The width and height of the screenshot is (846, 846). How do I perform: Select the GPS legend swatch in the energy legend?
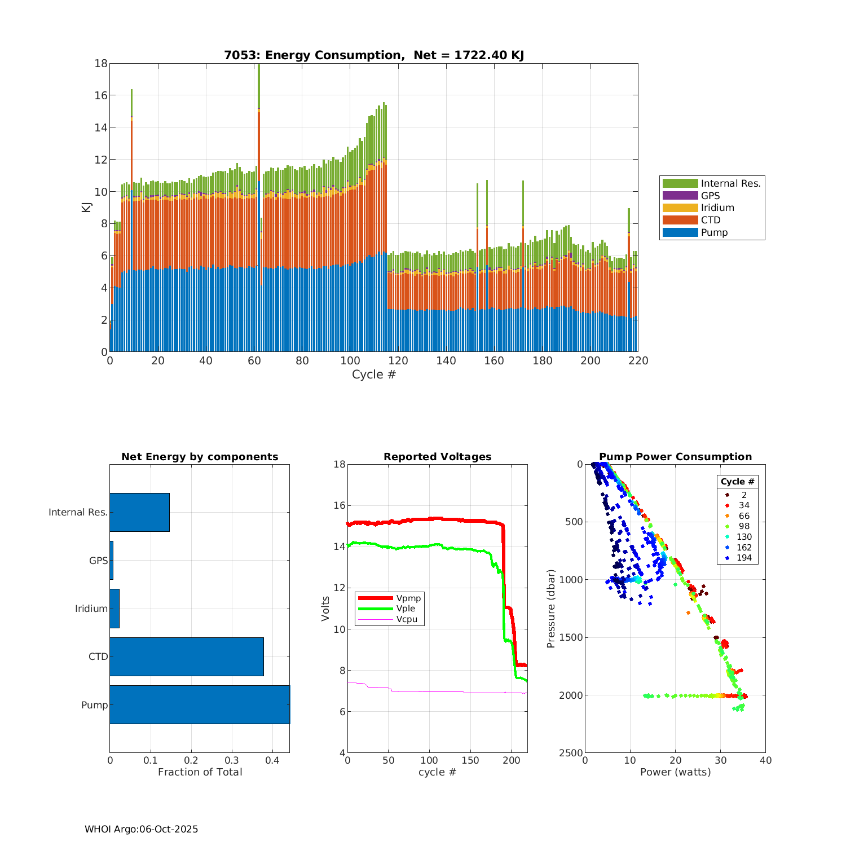point(680,196)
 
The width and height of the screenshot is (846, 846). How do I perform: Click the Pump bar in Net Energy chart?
point(200,704)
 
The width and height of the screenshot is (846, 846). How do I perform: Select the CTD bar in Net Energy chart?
point(187,656)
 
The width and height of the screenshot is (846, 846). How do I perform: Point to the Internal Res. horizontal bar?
point(139,512)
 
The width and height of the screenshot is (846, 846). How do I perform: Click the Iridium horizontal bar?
point(114,609)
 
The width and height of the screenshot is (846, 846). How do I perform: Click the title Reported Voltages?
point(437,457)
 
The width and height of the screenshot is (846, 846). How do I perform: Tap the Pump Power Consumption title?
point(675,457)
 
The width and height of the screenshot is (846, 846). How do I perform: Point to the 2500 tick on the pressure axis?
point(572,753)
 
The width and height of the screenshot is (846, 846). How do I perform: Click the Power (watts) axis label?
point(675,772)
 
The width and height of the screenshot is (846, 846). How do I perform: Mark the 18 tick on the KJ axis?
point(101,63)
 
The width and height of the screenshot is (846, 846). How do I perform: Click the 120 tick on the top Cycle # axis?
point(398,361)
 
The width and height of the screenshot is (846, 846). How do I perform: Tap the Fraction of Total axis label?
point(200,772)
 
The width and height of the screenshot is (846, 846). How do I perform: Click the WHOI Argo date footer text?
point(141,829)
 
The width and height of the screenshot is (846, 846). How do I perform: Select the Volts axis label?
point(325,609)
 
